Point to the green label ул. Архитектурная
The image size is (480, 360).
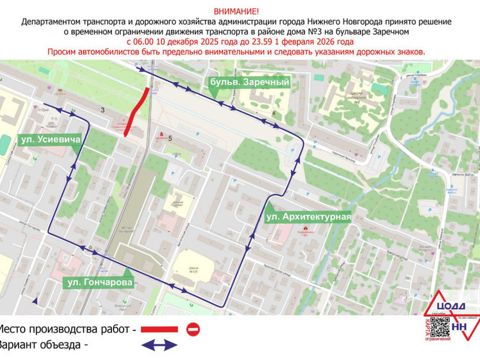[x=308, y=217]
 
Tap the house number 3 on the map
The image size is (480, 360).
[x=102, y=111]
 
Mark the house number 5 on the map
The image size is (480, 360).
[x=171, y=138]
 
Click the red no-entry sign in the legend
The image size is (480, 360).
[x=193, y=329]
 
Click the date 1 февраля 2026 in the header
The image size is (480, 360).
[x=340, y=41]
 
